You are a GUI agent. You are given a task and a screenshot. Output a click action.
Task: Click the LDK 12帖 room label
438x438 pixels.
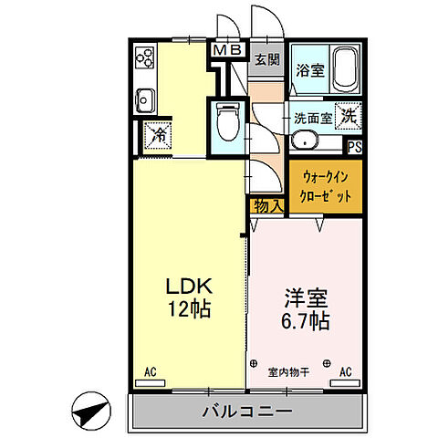pos(189,296)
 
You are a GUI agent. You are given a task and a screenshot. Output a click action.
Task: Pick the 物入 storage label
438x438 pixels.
pos(266,207)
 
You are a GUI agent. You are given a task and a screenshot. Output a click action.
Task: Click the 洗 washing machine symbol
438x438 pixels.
pos(349,117)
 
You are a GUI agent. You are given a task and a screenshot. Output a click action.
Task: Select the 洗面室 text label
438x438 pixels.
pos(310,117)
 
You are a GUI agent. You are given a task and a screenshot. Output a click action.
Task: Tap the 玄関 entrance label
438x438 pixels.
pos(266,61)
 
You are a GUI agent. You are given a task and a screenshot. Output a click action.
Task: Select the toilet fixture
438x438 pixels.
pos(227,119)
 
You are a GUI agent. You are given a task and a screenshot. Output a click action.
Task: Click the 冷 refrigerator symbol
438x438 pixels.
pos(155,133)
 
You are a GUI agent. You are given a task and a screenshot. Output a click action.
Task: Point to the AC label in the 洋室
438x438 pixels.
pos(346,371)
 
